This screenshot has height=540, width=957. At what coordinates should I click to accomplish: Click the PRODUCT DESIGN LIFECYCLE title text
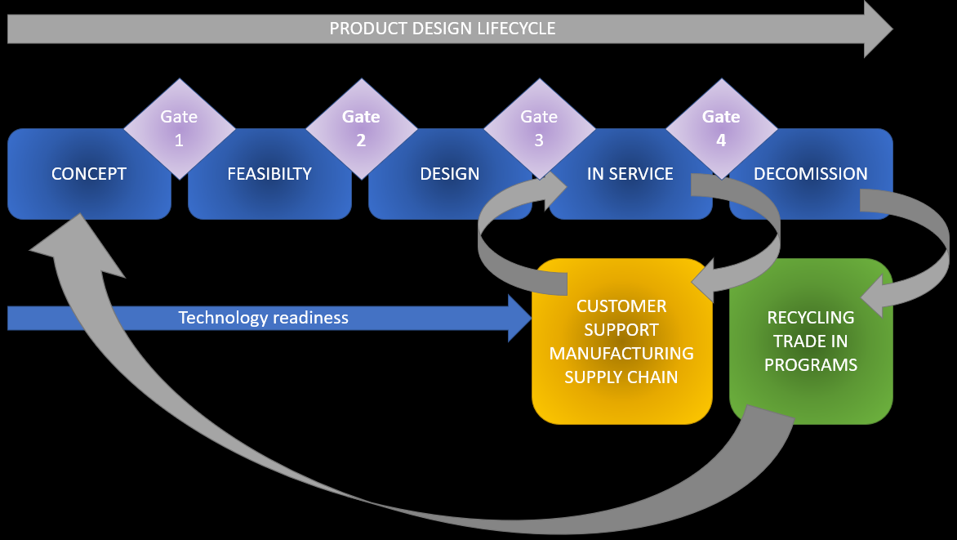click(442, 29)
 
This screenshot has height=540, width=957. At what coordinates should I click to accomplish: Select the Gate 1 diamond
click(179, 127)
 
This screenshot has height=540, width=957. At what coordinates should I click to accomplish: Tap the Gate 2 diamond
click(361, 127)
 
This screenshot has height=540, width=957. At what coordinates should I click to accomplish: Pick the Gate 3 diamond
click(539, 127)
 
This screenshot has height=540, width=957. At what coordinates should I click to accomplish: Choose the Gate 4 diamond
click(721, 127)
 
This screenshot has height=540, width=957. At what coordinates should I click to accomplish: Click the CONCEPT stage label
click(89, 173)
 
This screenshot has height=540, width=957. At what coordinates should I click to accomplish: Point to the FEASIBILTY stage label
click(269, 173)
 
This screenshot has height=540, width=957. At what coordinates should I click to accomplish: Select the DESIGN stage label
click(450, 173)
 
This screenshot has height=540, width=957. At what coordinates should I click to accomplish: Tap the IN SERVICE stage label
click(630, 173)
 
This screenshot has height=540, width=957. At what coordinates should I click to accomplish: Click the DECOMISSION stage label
click(811, 173)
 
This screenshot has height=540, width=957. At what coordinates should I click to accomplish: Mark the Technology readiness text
click(263, 318)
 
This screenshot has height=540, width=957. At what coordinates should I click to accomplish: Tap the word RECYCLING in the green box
click(811, 317)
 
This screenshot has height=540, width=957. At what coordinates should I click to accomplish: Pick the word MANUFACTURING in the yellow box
click(621, 354)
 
